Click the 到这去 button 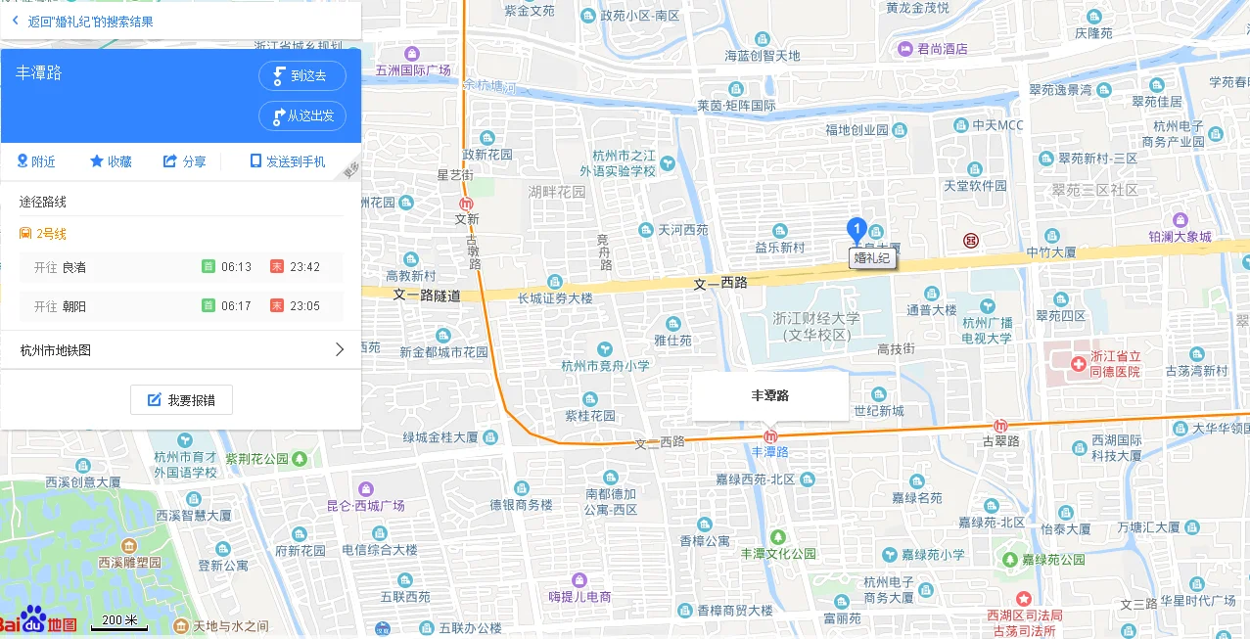coord(301,75)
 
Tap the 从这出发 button coord(301,115)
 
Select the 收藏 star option coord(111,161)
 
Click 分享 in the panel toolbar coord(184,161)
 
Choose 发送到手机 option coord(288,161)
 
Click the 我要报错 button coord(181,399)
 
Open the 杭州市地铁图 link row coord(181,349)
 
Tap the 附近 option coord(36,161)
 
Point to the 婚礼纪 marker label coord(871,258)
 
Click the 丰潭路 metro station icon coord(770,435)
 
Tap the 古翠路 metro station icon coord(1000,426)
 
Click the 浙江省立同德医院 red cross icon coord(1078,364)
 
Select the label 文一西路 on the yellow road coord(720,283)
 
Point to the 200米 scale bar coord(119,622)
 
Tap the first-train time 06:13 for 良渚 coord(236,267)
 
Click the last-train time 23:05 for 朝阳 coord(304,306)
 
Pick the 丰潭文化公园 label coord(778,553)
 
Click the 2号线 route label coord(51,234)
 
